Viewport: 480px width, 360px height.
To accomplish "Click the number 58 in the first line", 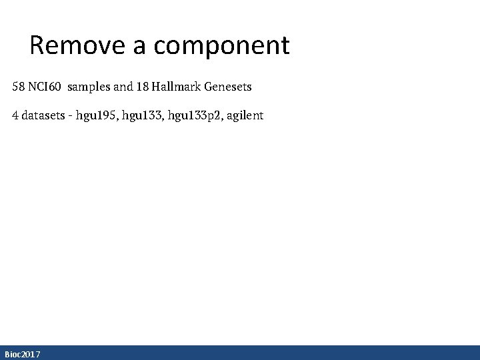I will point(19,87).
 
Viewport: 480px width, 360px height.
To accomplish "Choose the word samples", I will point(91,87).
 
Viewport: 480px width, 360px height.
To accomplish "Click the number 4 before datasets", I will point(15,115).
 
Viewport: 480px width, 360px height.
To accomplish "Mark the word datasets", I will point(43,115).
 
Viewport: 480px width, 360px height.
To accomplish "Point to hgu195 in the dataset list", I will point(96,115).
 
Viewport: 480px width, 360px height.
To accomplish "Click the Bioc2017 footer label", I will point(22,354).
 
